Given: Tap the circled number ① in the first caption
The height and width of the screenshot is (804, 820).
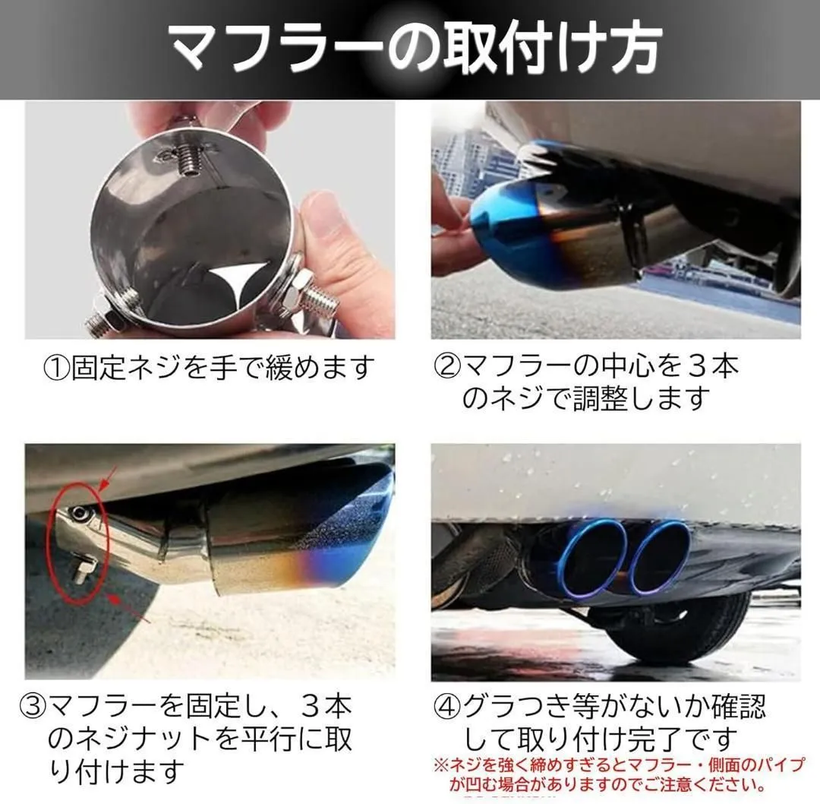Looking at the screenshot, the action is tap(56, 368).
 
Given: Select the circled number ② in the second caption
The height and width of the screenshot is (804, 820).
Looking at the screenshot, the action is tap(447, 367).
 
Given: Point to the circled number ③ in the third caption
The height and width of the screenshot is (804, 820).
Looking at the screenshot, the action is tap(33, 707).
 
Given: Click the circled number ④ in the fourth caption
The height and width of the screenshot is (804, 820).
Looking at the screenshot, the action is tap(447, 707).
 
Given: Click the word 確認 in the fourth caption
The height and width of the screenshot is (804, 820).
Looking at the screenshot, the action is tap(738, 707).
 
